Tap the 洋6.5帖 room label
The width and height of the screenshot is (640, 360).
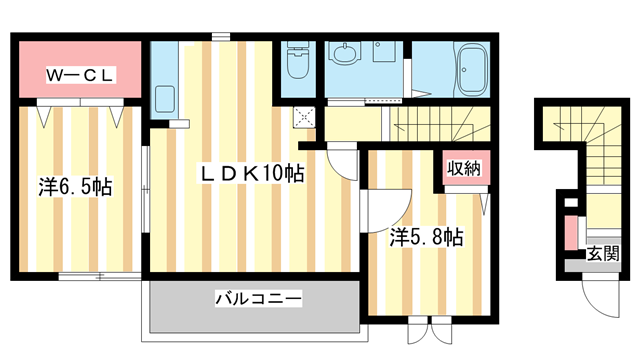coord(75,186)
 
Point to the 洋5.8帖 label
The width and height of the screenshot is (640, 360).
coord(426,237)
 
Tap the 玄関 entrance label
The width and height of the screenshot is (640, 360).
coord(602,251)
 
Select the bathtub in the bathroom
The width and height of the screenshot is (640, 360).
coord(465,70)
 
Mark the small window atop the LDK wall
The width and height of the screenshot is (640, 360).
coord(222,37)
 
